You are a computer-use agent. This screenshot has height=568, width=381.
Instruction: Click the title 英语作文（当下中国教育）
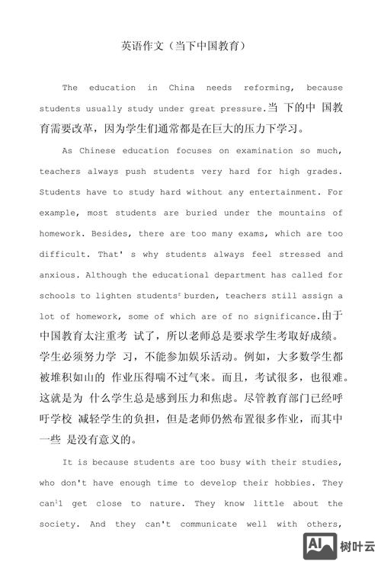[x=183, y=47]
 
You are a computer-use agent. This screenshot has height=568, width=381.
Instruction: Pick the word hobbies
[x=291, y=483]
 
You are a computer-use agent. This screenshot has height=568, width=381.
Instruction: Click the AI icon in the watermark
[x=320, y=545]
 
